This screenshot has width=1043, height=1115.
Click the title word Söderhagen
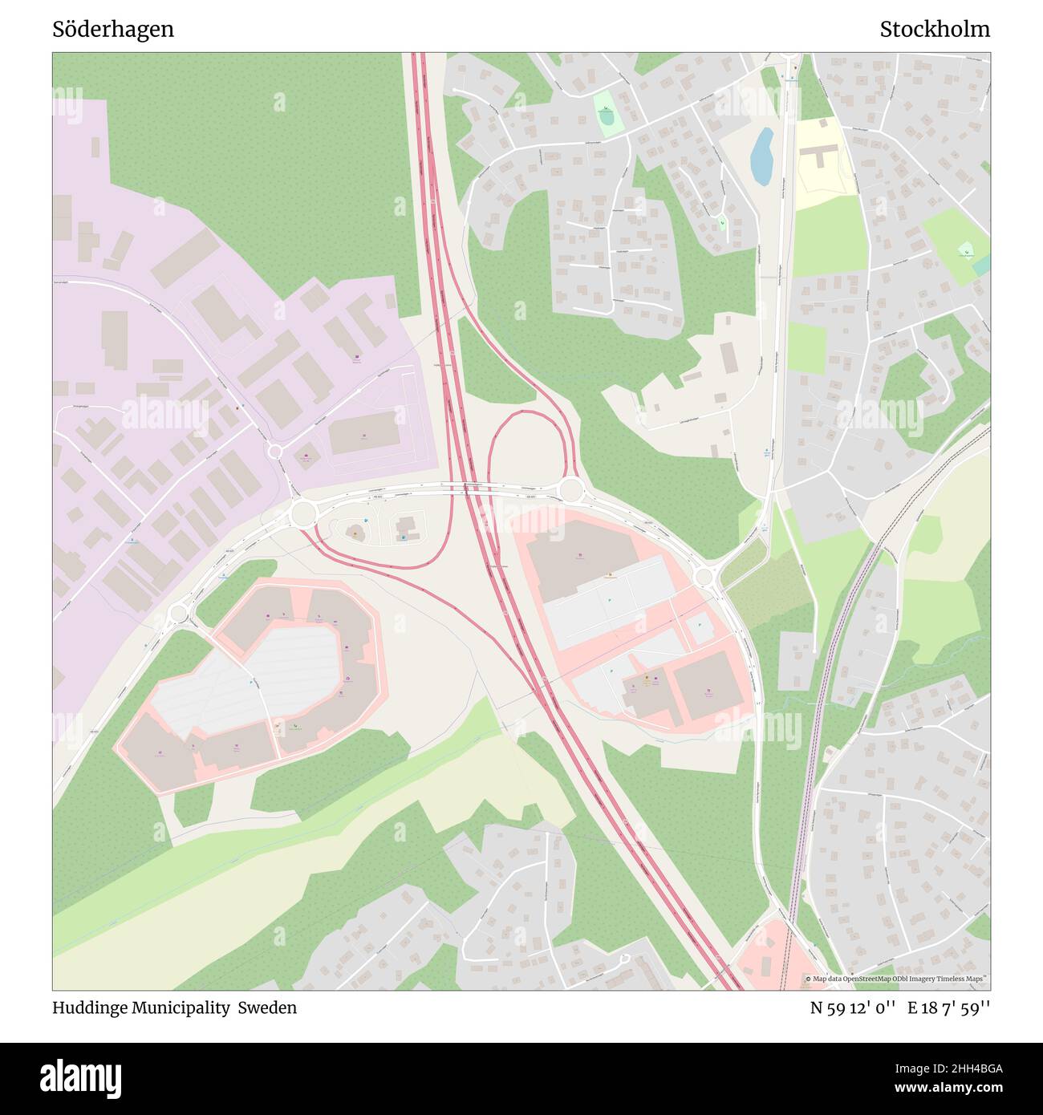(113, 30)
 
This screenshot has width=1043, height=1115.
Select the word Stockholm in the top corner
(934, 30)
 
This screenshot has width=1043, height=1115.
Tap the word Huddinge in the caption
(89, 1008)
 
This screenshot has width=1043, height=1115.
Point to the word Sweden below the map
(271, 1008)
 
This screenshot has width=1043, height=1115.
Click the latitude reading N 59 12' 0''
(853, 1008)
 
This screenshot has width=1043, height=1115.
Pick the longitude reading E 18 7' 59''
(949, 1008)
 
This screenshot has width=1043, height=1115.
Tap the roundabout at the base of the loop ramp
(570, 488)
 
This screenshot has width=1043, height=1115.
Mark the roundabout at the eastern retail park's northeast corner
(704, 575)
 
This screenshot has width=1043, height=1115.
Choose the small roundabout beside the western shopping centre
(178, 614)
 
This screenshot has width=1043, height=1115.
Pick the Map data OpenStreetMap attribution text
(896, 979)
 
